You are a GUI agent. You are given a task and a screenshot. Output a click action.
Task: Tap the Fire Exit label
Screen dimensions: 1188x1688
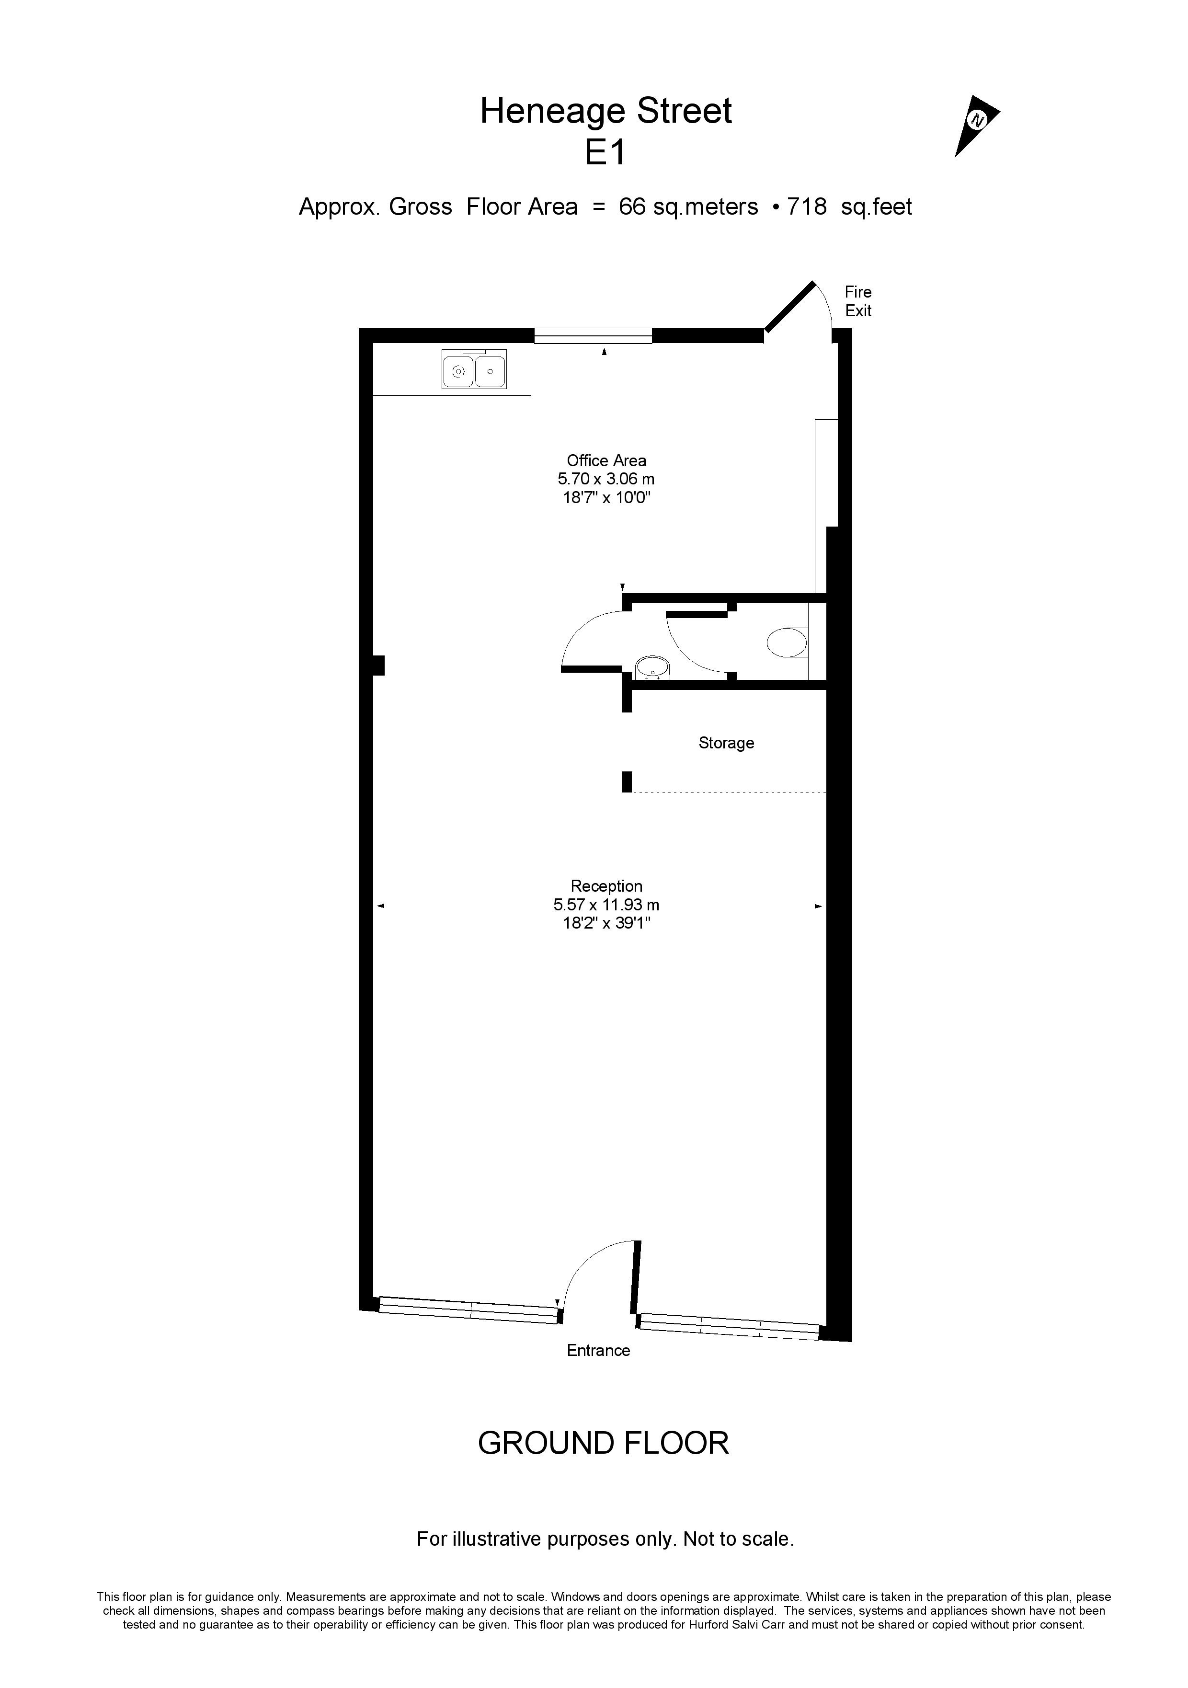point(858,301)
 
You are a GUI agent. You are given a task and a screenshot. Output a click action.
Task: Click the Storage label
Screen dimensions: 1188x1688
point(726,743)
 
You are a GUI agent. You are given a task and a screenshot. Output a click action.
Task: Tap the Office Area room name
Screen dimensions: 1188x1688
point(606,461)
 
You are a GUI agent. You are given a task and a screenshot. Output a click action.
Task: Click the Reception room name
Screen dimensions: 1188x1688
point(606,886)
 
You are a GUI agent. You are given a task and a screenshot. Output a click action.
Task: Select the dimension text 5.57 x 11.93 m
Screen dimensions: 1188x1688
point(606,905)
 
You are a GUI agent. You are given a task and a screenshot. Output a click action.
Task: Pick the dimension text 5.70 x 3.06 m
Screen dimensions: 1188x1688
point(606,479)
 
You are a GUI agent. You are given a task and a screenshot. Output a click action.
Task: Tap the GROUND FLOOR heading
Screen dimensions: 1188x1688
point(604,1443)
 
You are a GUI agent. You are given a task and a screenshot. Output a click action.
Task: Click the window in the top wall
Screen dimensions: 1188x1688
point(593,336)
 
